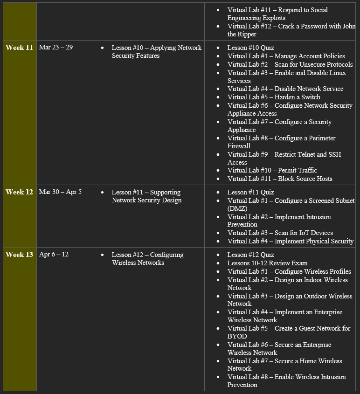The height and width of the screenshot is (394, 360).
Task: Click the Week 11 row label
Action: coord(19,48)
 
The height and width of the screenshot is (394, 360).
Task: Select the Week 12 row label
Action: coord(19,192)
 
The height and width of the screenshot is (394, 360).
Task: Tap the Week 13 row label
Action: coord(19,255)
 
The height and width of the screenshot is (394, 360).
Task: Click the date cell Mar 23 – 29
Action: coord(56,48)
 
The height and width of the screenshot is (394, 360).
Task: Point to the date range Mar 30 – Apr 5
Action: coord(60,192)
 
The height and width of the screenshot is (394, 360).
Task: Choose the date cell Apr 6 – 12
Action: coord(54,255)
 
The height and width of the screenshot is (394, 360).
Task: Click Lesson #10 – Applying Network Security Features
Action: coord(156,52)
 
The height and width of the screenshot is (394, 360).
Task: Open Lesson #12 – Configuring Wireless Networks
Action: coord(147,259)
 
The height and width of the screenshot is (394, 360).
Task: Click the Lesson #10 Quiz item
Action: coord(250,48)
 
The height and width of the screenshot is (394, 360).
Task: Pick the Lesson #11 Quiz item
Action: coord(250,192)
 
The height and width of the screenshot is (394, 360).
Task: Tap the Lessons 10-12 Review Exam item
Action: coord(267,263)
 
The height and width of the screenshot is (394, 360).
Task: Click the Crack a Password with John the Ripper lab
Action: coord(291,30)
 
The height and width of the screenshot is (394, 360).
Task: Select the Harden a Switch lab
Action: coord(274,97)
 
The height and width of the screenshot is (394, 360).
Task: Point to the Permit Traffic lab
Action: coord(272,170)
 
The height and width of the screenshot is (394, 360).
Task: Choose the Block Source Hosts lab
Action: coord(280,179)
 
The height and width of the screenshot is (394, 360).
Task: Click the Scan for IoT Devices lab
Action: coord(280,233)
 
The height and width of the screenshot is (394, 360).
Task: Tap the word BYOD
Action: coord(237,336)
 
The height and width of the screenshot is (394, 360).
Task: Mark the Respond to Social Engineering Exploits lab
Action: coord(277,14)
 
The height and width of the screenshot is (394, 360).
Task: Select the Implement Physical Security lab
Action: coord(290,241)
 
